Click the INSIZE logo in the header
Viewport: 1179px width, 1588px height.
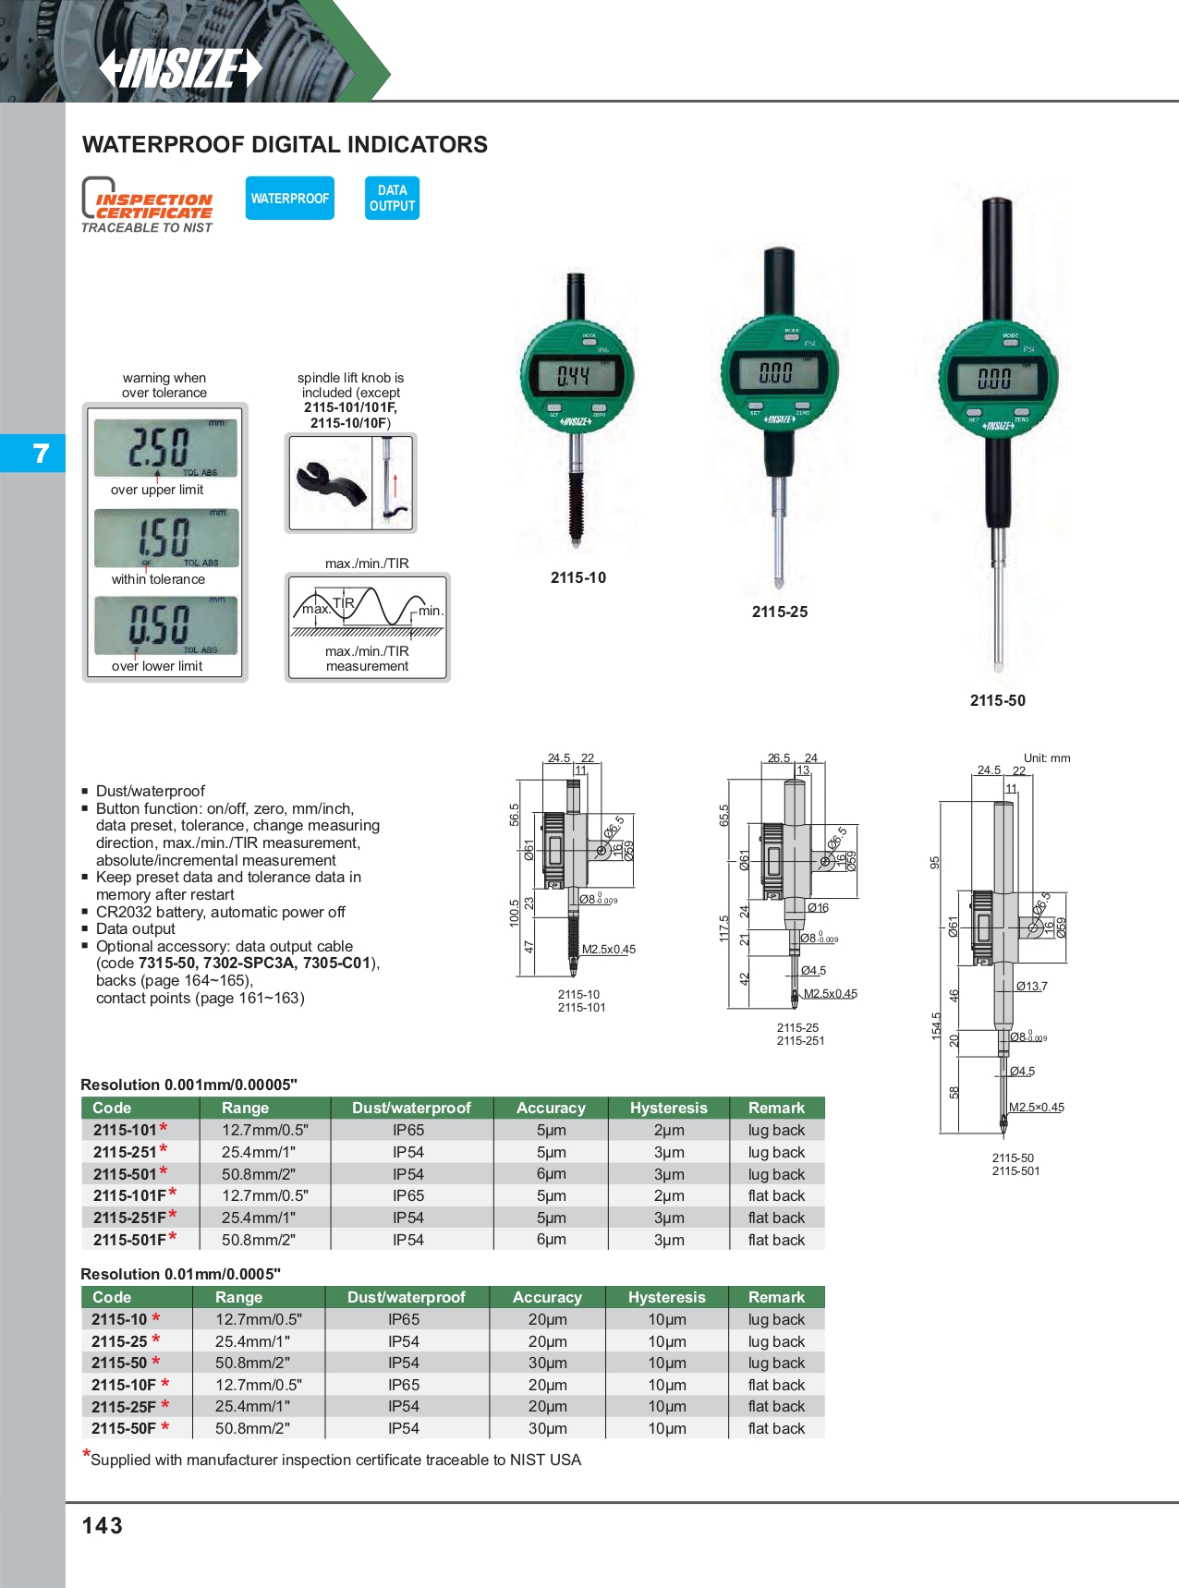181,68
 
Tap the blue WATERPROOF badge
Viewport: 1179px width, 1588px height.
289,199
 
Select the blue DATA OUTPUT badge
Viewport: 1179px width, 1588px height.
392,199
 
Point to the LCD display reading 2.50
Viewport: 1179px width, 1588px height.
165,448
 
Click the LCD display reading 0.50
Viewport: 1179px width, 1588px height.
165,625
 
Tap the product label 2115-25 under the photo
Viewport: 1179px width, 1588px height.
779,612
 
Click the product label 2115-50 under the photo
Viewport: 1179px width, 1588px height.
997,700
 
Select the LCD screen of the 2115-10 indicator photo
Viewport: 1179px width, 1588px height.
576,376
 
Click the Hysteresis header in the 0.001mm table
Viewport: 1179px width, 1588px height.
668,1108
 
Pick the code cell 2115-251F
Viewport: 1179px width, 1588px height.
130,1218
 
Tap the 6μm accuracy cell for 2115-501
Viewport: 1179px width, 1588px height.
551,1174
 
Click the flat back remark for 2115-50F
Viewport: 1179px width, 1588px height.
776,1428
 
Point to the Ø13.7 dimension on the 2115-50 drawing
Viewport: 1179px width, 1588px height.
1032,987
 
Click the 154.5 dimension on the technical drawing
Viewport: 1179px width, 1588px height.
936,1026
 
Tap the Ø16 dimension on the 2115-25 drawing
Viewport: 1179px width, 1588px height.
818,908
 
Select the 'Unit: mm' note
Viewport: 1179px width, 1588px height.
1046,758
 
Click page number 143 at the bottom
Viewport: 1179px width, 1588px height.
103,1525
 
